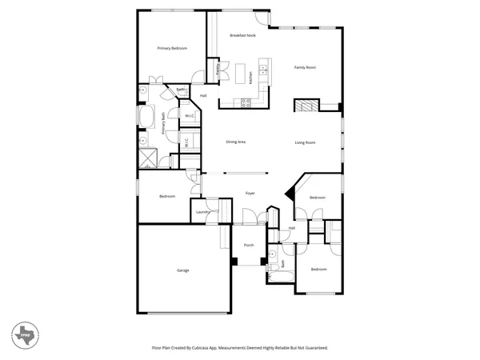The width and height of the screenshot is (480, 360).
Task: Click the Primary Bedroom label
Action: (172, 49)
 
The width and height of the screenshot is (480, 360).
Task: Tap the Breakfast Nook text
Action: (242, 35)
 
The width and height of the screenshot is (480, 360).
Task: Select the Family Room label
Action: (305, 68)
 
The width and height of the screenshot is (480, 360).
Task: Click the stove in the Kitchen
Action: (246, 102)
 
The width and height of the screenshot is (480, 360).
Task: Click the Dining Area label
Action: (235, 142)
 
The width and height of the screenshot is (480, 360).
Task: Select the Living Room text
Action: (305, 142)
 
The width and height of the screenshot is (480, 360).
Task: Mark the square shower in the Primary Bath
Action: (147, 157)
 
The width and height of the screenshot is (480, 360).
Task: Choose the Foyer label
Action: (250, 194)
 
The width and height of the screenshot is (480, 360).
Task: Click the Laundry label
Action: (202, 212)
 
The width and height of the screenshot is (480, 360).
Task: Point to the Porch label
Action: (249, 246)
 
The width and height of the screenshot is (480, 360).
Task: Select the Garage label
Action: (183, 271)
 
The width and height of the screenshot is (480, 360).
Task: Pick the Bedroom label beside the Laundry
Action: (167, 196)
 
